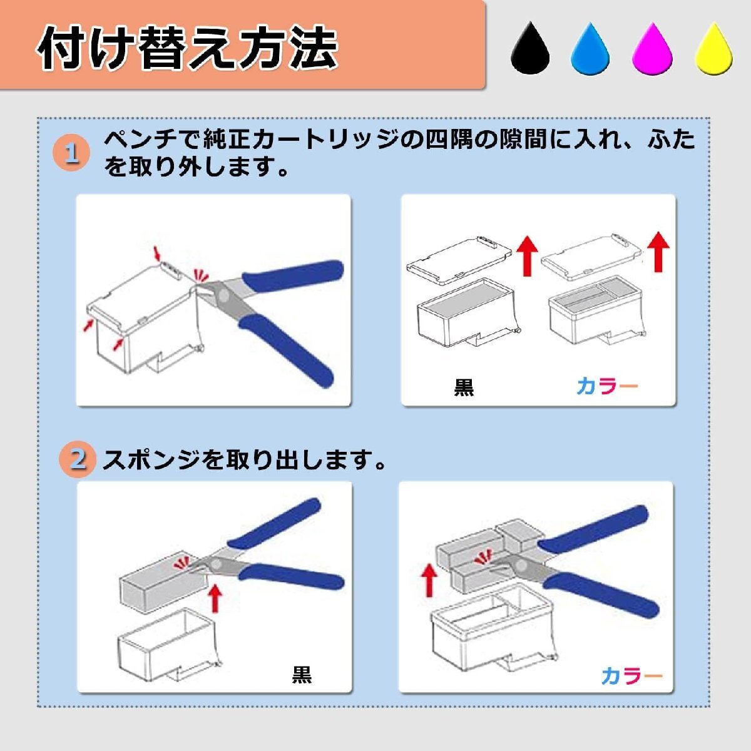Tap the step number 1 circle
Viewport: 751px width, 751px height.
[x=71, y=153]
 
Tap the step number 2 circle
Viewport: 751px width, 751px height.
[x=78, y=459]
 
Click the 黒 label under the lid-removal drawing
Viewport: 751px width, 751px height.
[x=464, y=387]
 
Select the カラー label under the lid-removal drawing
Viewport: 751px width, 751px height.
[x=607, y=386]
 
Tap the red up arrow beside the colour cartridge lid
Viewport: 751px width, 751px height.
[x=658, y=252]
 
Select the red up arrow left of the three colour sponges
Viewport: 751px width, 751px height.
[x=429, y=582]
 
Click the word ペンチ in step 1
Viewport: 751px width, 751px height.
[x=141, y=140]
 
